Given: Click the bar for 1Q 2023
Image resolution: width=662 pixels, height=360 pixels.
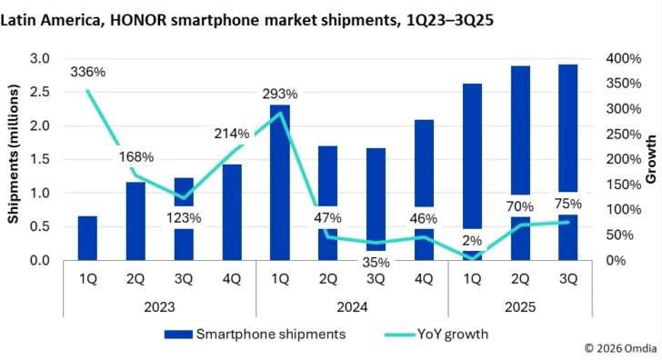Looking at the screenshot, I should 87,237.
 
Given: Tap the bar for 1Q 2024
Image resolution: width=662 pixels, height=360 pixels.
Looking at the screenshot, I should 280,182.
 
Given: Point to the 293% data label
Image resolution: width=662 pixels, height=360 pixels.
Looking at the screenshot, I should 280,94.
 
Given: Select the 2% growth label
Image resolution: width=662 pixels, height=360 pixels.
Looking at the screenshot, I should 471,240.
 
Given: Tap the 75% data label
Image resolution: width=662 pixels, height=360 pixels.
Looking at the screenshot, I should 568,204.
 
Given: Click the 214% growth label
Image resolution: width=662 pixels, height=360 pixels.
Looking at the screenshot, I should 232,134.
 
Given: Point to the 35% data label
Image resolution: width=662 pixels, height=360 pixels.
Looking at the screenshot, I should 376,262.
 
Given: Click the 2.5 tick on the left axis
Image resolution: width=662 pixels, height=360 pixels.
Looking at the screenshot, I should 40,92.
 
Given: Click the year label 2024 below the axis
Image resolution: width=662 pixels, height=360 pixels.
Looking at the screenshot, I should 351,307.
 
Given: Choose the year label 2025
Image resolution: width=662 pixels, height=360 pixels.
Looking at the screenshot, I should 520,307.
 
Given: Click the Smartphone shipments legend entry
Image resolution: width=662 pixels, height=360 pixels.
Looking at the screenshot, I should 255,334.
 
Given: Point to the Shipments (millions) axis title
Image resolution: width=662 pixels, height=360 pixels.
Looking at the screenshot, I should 15,160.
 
